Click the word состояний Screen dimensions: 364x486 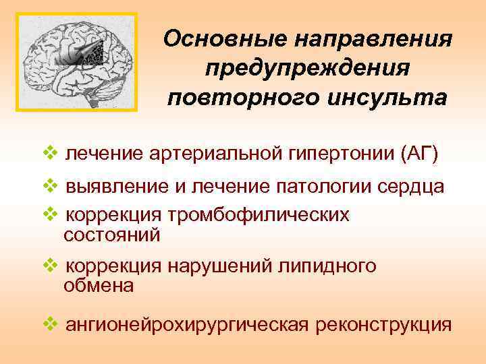click(x=111, y=235)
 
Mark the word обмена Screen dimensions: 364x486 click(x=99, y=285)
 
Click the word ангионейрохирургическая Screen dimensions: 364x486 click(x=186, y=326)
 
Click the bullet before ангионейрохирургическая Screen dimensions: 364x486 click(x=51, y=324)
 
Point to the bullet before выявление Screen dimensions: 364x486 click(x=51, y=185)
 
